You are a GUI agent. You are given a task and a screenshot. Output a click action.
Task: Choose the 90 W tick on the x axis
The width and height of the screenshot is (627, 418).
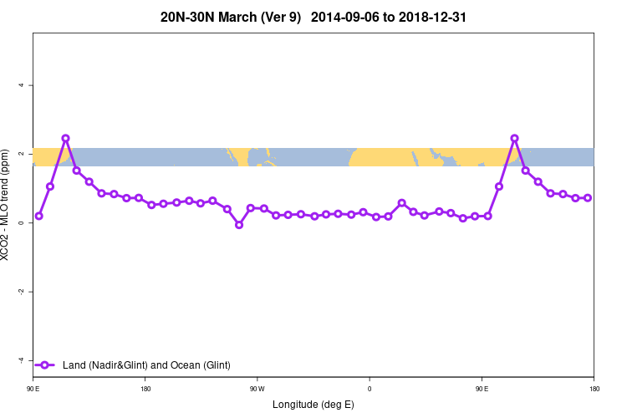click(x=257, y=389)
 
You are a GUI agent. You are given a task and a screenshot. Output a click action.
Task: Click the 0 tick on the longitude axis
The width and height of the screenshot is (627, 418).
click(x=370, y=389)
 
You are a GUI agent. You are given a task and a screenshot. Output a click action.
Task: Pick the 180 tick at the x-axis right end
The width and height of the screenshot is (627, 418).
click(x=593, y=389)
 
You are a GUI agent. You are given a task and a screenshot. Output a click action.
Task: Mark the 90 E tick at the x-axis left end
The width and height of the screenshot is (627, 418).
click(x=33, y=389)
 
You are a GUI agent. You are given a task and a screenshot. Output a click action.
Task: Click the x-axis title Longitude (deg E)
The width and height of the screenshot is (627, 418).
click(x=313, y=405)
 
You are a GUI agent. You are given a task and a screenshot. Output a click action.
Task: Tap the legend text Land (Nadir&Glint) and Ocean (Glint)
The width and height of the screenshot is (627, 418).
click(x=146, y=365)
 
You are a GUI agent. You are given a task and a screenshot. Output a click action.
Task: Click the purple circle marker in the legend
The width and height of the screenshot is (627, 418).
click(x=45, y=365)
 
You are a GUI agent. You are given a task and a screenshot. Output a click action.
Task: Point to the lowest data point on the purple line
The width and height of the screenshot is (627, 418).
click(x=239, y=225)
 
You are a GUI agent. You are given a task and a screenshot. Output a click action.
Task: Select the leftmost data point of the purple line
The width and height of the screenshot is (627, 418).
click(x=38, y=216)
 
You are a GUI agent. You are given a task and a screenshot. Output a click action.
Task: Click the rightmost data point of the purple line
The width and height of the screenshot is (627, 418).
click(x=588, y=198)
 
